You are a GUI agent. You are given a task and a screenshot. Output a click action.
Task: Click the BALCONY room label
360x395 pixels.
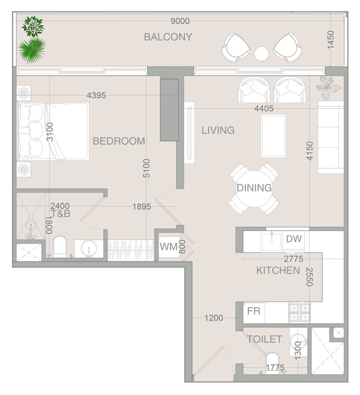pos(168,37)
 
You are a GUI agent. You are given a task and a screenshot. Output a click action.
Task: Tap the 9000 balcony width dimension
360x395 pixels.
pos(180,21)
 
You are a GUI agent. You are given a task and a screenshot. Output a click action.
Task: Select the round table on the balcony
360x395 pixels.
pos(262,54)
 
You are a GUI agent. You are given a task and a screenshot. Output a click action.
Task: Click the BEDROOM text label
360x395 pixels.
pos(119,141)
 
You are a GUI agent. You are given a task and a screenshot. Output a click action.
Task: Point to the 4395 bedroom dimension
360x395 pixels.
pos(96,95)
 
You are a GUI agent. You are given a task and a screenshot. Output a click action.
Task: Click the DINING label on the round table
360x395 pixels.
pos(254,188)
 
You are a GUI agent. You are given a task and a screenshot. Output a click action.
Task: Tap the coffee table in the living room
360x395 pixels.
pos(273,136)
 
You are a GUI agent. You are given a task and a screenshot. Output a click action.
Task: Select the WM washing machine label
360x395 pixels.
pos(169,247)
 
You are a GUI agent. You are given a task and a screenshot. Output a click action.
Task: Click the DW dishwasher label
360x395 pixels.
pos(294,239)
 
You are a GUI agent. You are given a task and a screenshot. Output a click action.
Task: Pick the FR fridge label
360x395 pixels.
pos(254,311)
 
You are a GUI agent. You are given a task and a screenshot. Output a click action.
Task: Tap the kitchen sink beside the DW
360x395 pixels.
pos(272,242)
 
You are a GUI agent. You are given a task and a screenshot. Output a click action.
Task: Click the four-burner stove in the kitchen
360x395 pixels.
pos(299,312)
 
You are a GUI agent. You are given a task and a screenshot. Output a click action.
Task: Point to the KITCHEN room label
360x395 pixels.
pos(278,271)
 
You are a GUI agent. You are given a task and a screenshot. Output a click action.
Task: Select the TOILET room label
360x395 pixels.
pos(264,339)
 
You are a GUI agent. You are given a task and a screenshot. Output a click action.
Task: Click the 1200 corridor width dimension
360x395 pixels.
pos(213,318)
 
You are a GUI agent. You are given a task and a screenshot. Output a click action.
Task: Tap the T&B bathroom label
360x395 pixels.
pos(60,214)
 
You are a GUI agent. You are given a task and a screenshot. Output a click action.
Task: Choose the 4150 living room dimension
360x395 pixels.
pos(310,151)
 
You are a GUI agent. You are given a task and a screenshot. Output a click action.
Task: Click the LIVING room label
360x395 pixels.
pos(218,130)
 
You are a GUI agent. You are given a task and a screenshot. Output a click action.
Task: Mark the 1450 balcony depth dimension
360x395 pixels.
pos(330,40)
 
